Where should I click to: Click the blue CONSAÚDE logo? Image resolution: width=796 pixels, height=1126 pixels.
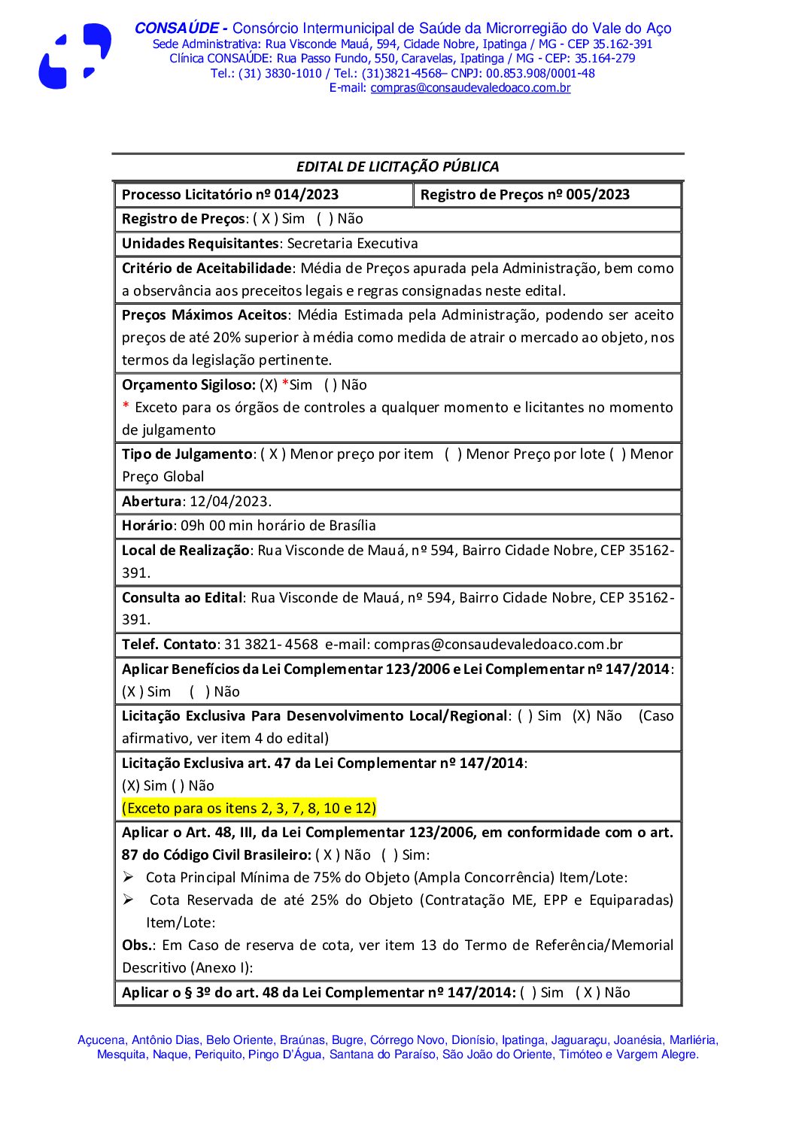click(74, 56)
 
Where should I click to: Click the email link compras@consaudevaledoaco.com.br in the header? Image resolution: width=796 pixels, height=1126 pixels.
click(470, 88)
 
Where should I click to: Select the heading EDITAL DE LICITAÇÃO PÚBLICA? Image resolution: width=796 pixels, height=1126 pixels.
click(397, 167)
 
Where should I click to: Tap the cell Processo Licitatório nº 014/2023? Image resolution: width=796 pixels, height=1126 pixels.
click(230, 195)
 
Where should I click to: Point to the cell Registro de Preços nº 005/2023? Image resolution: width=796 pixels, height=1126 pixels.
click(524, 195)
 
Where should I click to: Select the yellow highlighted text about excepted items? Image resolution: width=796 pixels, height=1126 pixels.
click(248, 809)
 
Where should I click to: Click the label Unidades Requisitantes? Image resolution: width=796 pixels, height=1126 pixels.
click(200, 244)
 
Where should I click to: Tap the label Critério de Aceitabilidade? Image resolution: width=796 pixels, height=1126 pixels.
click(206, 269)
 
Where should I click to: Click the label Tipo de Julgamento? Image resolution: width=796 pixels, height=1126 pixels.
click(187, 454)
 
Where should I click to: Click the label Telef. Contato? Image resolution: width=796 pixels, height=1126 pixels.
click(169, 645)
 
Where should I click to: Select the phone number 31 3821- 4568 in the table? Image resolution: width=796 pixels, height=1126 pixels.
click(271, 645)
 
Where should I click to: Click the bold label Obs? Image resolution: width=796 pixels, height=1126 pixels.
click(138, 945)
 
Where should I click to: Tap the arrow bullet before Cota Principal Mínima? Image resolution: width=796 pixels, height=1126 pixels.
click(129, 877)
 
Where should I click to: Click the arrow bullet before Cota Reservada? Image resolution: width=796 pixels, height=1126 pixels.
click(129, 900)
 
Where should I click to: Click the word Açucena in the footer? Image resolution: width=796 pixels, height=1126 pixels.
click(101, 1040)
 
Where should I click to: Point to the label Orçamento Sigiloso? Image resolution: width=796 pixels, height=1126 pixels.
click(188, 385)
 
